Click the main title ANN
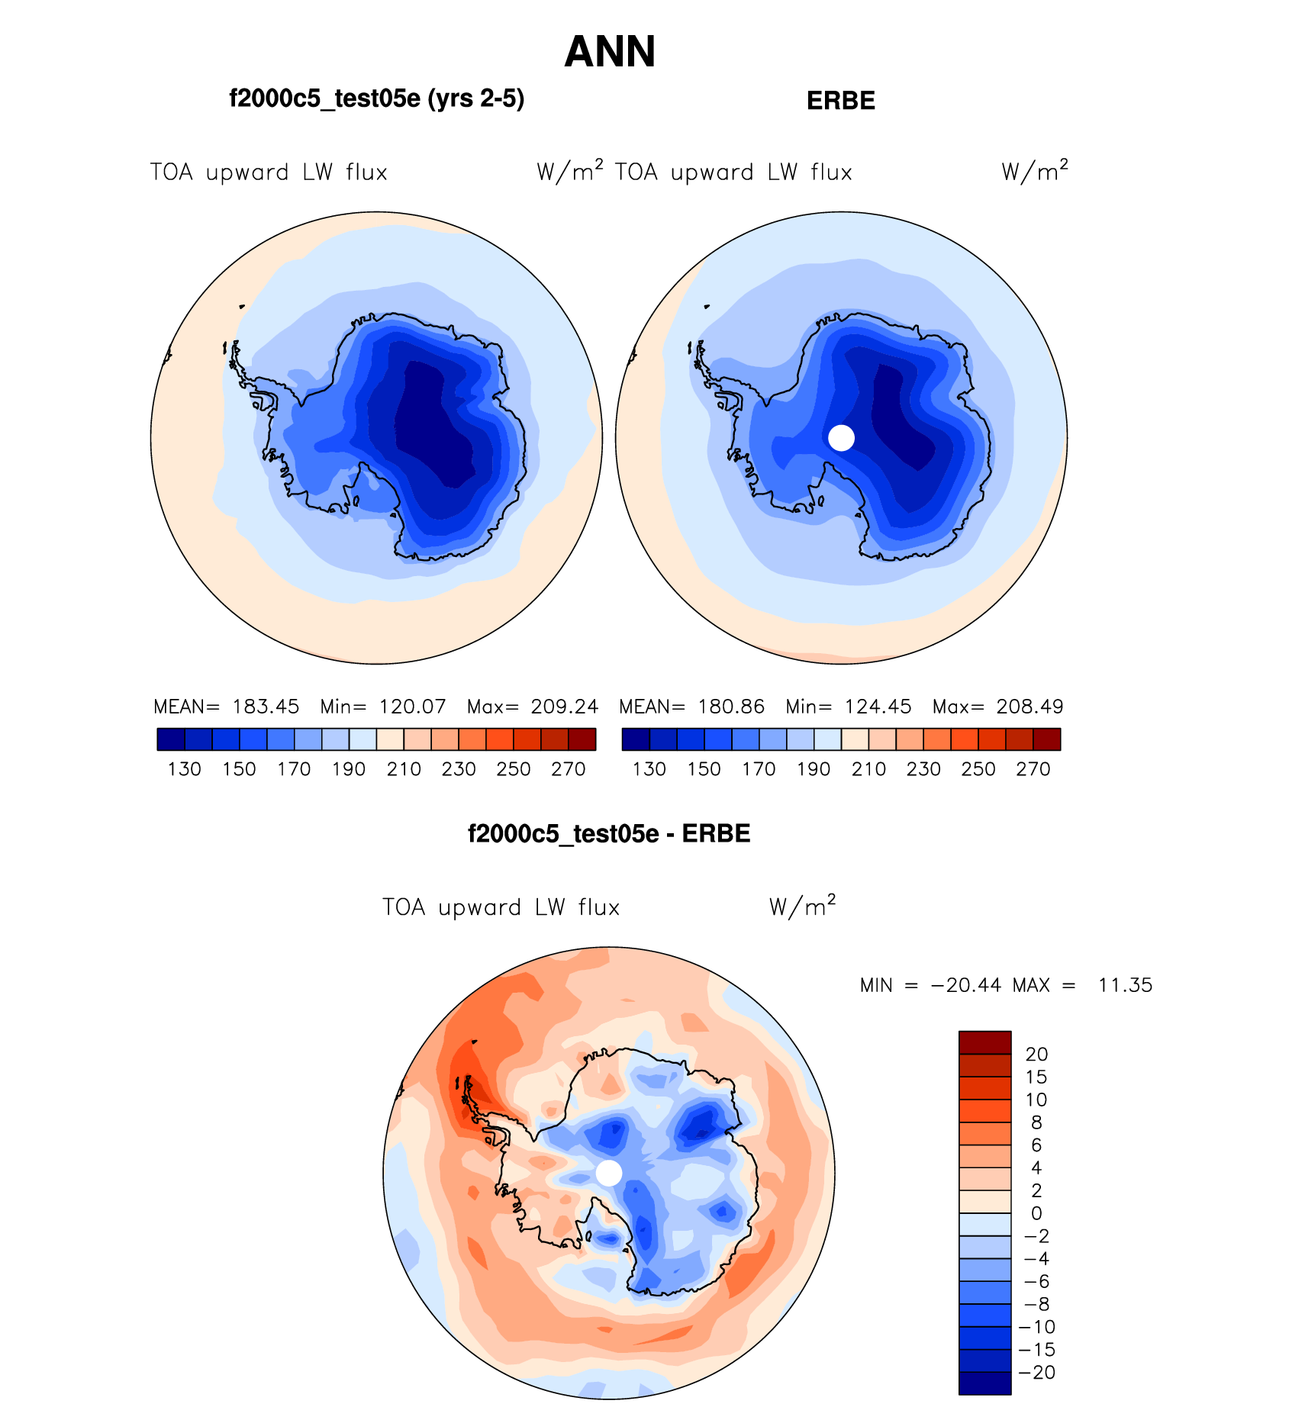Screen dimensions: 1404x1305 tap(610, 52)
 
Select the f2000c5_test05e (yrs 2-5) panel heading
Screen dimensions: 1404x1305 tap(376, 98)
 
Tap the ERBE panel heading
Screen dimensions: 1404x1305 tap(840, 101)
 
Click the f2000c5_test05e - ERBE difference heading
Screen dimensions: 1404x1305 tap(609, 833)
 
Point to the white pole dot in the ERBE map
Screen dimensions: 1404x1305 tap(841, 438)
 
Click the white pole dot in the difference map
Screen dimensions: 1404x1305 tap(609, 1173)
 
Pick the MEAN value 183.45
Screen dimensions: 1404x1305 tap(266, 707)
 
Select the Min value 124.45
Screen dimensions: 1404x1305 tap(878, 707)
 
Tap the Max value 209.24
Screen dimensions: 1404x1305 tap(564, 707)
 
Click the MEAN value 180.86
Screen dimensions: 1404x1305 tap(730, 707)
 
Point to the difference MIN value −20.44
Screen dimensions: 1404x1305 tap(965, 985)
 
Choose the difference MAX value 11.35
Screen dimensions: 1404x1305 tap(1125, 985)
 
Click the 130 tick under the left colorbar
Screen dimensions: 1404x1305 tap(184, 769)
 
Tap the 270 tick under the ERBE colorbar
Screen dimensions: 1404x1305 tap(1033, 769)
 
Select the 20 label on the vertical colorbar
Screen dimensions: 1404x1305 tap(1036, 1055)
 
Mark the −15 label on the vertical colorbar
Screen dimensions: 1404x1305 tap(1036, 1349)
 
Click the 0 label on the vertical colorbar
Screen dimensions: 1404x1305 tap(1036, 1213)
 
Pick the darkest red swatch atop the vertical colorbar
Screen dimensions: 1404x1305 tap(984, 1042)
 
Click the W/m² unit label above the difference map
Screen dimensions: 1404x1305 tap(802, 906)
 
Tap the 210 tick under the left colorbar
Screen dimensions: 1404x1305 tap(404, 769)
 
